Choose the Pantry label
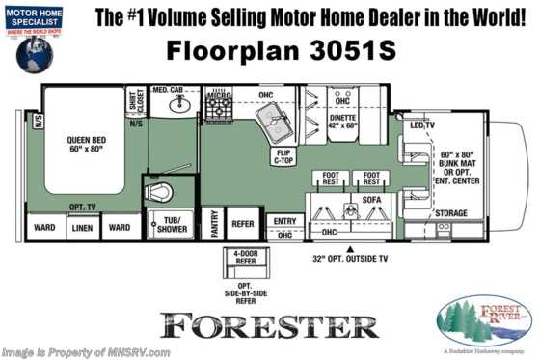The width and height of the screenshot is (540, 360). click(x=214, y=224)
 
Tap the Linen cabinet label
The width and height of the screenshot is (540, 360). click(x=83, y=228)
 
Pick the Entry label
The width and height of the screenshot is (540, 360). click(x=285, y=220)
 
